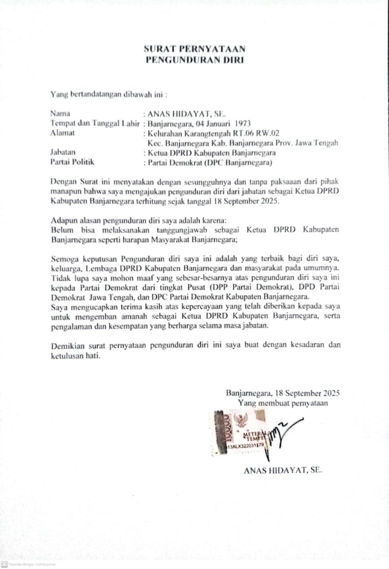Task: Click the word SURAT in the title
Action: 157,49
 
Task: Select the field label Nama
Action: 60,113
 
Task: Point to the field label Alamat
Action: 63,133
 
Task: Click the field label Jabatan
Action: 63,152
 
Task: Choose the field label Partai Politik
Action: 73,162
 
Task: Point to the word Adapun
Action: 64,220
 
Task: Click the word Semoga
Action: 65,258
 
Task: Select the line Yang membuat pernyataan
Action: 283,403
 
